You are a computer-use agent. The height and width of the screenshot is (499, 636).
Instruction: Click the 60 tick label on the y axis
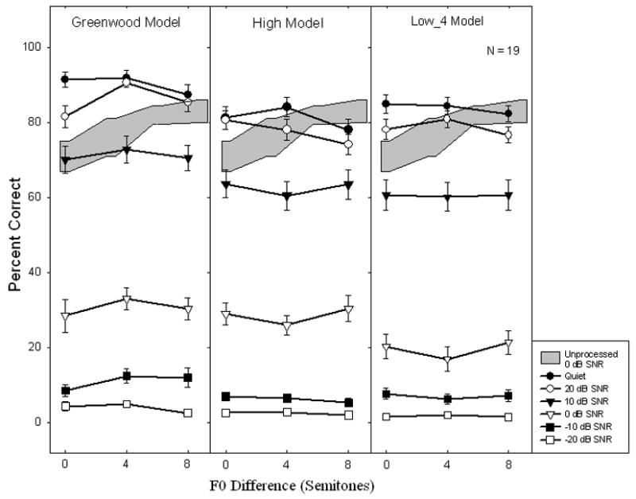tap(34, 197)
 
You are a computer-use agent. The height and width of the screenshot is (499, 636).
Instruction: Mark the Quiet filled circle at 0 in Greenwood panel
tap(65, 79)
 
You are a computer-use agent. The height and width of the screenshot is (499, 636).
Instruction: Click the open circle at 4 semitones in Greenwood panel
tap(126, 83)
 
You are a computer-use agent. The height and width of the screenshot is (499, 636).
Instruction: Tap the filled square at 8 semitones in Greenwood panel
tap(188, 377)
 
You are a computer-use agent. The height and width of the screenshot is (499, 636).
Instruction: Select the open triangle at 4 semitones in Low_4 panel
tap(448, 361)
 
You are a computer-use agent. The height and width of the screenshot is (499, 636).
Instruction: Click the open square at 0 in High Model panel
tap(226, 412)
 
